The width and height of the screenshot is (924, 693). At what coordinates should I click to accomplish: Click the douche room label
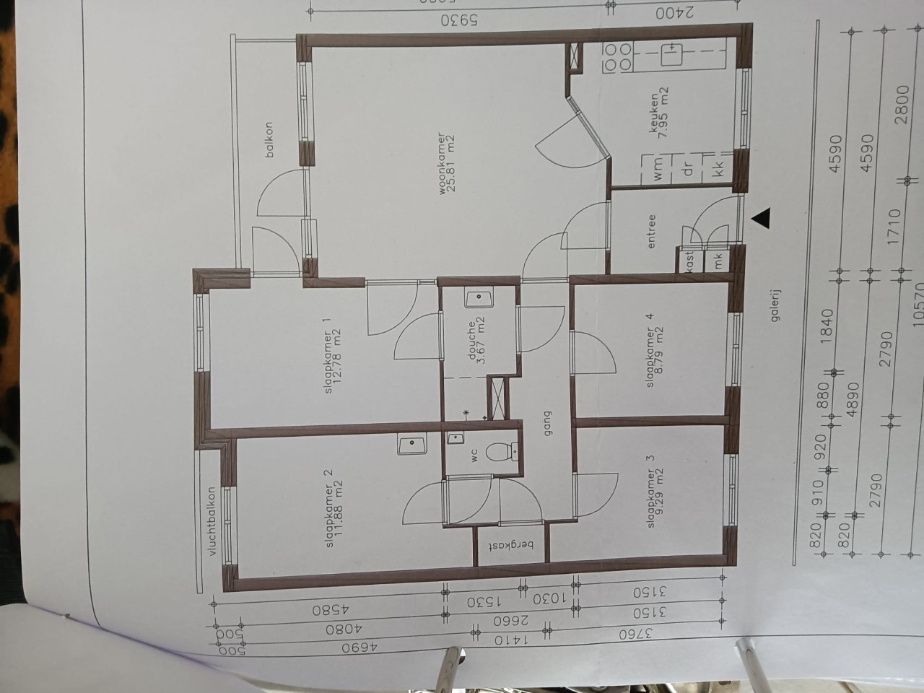476,342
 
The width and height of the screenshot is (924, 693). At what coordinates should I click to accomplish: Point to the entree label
651,232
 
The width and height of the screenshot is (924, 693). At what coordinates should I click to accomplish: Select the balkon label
269,139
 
